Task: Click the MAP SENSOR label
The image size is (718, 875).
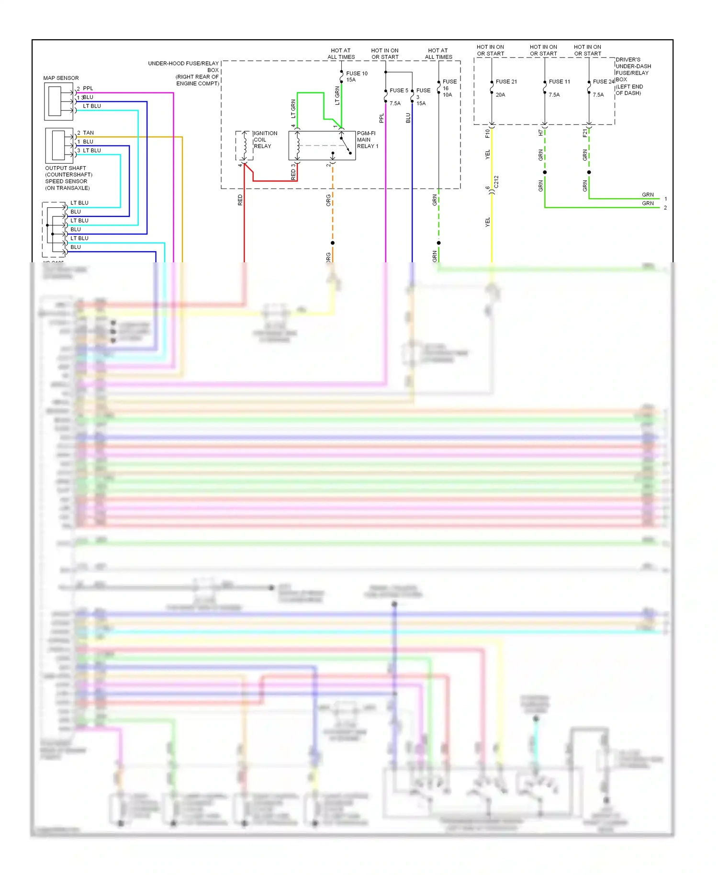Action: [x=61, y=78]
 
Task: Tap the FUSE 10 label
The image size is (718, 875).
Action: [x=357, y=73]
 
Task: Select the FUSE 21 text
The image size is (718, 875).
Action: [x=506, y=82]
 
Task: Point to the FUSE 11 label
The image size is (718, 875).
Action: [x=559, y=82]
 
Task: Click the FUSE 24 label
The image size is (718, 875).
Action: [x=603, y=82]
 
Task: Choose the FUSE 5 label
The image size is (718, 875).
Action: [x=399, y=90]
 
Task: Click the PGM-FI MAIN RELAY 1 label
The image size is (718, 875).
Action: [x=367, y=140]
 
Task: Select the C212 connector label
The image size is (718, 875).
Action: [x=496, y=182]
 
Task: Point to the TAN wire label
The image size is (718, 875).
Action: [x=89, y=133]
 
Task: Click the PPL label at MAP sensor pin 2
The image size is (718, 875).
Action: [x=88, y=89]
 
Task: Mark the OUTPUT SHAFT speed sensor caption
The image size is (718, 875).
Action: [x=68, y=178]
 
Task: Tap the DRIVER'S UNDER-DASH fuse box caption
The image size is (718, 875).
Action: [x=633, y=76]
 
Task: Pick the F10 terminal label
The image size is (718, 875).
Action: [x=487, y=133]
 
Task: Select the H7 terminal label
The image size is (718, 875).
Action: [x=540, y=133]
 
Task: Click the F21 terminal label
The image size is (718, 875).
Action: [x=584, y=133]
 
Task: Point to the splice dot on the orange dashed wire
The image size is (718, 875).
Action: [x=333, y=243]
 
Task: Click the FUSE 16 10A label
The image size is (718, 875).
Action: [x=449, y=88]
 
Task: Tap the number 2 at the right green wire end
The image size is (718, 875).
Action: [x=665, y=208]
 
